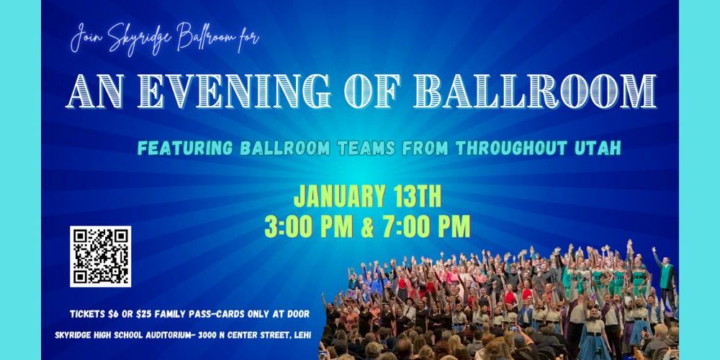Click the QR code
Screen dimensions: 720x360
coord(101,256)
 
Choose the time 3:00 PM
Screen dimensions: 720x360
coord(309,227)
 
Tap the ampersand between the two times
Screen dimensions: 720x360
coord(367,228)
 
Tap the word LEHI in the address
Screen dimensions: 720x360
coord(301,336)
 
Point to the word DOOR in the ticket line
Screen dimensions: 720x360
coord(299,314)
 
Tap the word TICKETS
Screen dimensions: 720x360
coord(87,314)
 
